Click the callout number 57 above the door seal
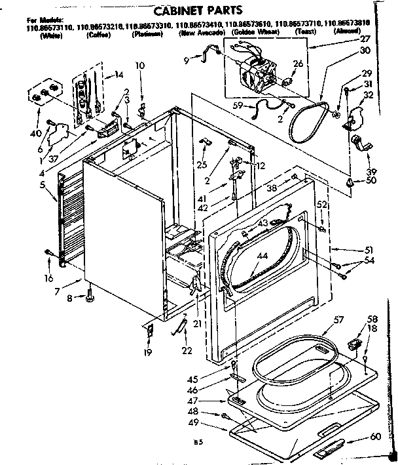point(338,321)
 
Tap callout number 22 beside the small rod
point(187,352)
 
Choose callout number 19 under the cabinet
point(147,353)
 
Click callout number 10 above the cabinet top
point(140,64)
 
